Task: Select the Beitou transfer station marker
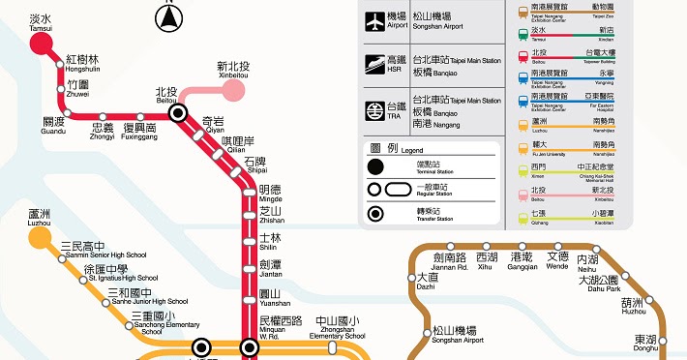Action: point(178,113)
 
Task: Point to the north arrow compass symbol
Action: point(171,15)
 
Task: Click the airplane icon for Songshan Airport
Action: point(373,20)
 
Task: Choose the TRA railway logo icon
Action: point(373,112)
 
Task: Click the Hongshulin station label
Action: point(82,64)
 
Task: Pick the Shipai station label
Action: point(254,165)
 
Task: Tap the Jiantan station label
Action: point(270,268)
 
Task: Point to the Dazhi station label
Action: point(426,281)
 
